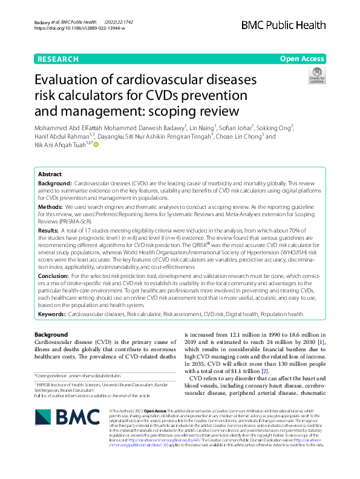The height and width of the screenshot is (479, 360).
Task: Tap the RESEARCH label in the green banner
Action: pyautogui.click(x=57, y=59)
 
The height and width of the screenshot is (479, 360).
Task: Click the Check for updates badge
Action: pyautogui.click(x=316, y=76)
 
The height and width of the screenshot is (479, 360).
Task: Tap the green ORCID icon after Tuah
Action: pyautogui.click(x=95, y=144)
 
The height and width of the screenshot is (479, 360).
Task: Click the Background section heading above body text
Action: pyautogui.click(x=51, y=334)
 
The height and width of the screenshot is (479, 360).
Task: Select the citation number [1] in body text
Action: pyautogui.click(x=322, y=343)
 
